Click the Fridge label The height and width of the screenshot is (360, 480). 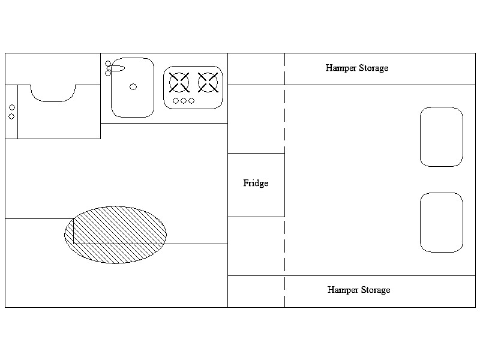tap(256, 183)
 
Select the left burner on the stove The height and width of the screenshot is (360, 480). tap(179, 82)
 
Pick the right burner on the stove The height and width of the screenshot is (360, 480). tap(208, 82)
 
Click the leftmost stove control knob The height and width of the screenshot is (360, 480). tap(176, 101)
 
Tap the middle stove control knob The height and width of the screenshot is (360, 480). tap(184, 101)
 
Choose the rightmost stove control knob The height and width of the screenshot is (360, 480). tap(191, 101)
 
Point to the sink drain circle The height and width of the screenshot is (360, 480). tap(133, 87)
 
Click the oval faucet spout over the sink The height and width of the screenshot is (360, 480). tap(117, 68)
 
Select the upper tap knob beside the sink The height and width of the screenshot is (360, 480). tap(108, 64)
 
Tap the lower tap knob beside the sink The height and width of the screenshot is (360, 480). tap(108, 73)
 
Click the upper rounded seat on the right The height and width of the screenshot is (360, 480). tap(442, 137)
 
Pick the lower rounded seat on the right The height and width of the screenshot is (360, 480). tap(442, 222)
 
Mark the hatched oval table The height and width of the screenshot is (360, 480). tap(116, 235)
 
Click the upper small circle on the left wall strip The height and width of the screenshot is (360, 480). tap(11, 107)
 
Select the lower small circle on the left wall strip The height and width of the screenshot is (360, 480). tap(11, 116)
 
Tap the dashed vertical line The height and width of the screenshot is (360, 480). tap(284, 180)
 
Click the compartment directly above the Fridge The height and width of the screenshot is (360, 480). tap(256, 119)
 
